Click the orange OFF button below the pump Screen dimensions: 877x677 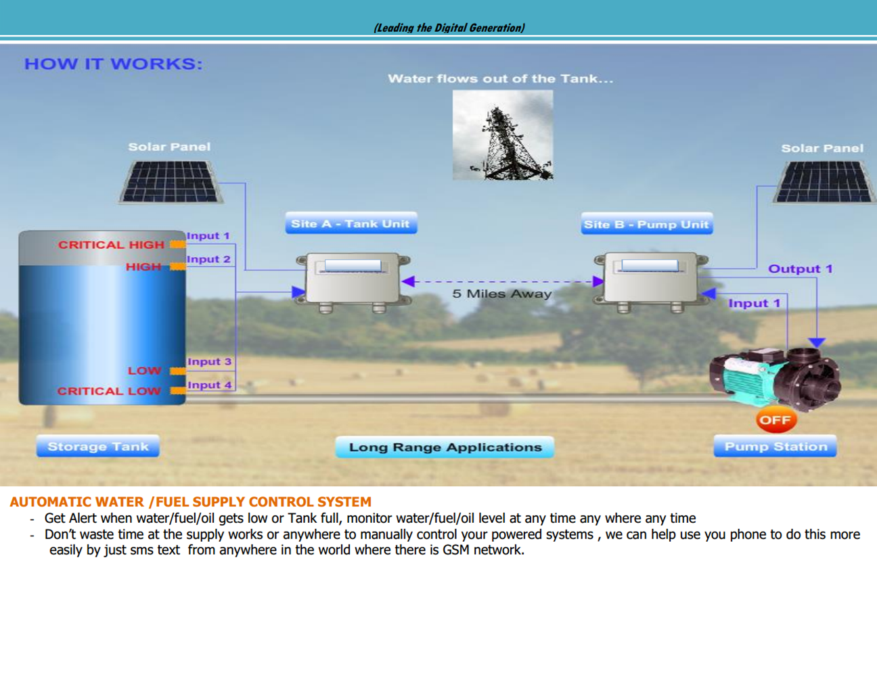coord(775,420)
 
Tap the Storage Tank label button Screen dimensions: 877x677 coord(98,446)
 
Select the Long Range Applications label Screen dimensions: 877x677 coord(445,447)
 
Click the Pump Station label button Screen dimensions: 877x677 coord(775,446)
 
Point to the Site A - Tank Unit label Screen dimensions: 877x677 coord(351,223)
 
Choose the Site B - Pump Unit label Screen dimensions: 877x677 coord(647,223)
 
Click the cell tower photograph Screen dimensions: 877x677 coord(503,135)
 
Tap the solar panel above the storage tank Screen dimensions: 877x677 coord(171,181)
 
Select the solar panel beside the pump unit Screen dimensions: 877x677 coord(824,182)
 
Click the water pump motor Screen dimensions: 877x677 coord(775,378)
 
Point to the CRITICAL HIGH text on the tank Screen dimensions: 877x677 coord(111,245)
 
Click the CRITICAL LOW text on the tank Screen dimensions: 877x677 coord(109,391)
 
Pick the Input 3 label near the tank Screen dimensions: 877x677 coord(210,362)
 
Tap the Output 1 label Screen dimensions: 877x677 coord(801,269)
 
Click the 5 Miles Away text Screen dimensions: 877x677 coord(501,294)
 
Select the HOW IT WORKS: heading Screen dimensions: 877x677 coord(114,64)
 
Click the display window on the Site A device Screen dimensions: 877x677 coord(353,265)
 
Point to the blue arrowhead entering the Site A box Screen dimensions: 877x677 coord(298,292)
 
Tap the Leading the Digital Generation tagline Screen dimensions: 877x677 coord(449,28)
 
